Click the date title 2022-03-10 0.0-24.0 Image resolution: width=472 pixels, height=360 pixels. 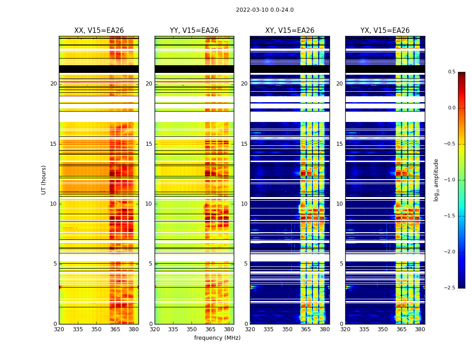click(x=265, y=10)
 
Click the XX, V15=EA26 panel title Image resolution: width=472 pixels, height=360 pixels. click(x=99, y=31)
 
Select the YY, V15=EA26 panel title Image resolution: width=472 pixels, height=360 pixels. click(x=194, y=31)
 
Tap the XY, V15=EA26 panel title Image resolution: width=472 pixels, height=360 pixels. click(x=289, y=31)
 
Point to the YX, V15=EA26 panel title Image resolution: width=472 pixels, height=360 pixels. click(x=385, y=31)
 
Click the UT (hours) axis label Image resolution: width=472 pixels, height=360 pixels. click(x=44, y=180)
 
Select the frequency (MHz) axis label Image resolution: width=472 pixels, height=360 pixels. click(x=217, y=338)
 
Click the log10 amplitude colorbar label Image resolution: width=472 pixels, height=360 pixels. click(x=436, y=180)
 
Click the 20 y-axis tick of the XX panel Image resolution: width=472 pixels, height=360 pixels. click(x=53, y=84)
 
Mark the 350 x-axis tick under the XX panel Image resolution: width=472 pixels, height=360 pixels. click(x=97, y=329)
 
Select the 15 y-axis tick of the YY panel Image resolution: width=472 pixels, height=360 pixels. click(x=149, y=144)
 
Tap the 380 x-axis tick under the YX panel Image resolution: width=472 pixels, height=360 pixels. click(x=420, y=329)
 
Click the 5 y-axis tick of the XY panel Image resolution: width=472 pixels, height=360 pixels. click(x=246, y=264)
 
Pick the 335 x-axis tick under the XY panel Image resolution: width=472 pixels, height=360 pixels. click(x=268, y=329)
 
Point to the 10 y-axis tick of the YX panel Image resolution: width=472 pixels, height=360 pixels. click(x=339, y=204)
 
